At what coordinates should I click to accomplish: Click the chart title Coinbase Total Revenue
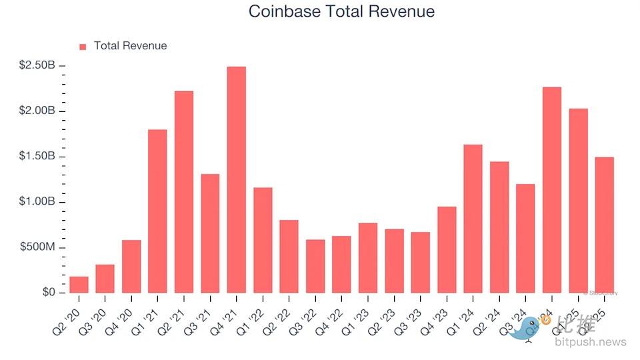point(341,11)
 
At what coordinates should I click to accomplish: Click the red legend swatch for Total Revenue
point(83,47)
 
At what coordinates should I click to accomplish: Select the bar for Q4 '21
point(236,180)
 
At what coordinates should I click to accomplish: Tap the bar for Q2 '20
point(79,285)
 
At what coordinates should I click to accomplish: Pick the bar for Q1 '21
point(157,211)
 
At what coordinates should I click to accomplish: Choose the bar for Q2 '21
point(184,192)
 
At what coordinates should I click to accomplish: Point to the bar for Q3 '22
point(315,266)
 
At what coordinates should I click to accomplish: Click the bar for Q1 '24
point(473,219)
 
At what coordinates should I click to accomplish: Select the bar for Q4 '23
point(447,250)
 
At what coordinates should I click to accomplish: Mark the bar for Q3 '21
point(210,233)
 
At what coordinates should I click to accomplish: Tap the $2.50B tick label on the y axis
point(37,65)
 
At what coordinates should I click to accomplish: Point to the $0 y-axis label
point(47,293)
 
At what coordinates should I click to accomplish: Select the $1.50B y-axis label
point(37,157)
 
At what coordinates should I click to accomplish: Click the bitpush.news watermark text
point(590,342)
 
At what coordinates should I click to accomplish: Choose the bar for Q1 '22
point(263,240)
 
